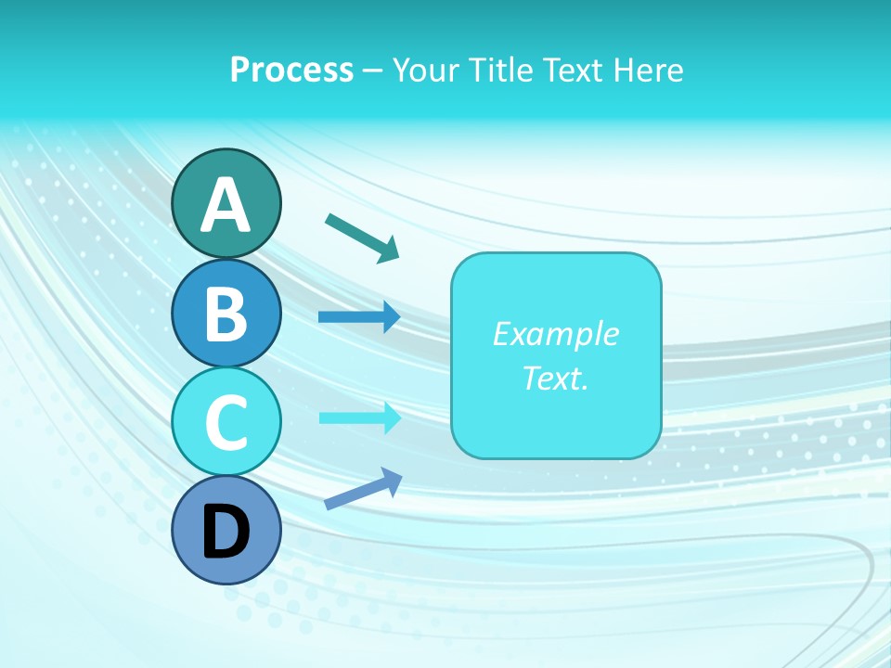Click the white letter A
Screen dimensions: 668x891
point(226,205)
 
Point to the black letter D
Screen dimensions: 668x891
point(226,532)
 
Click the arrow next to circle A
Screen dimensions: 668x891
point(362,237)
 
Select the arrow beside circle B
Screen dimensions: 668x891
point(359,317)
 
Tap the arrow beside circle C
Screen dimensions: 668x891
point(359,417)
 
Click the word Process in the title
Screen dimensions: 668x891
point(291,70)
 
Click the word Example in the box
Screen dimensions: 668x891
point(555,334)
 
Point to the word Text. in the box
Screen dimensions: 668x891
point(555,378)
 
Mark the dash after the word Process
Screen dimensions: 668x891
point(373,71)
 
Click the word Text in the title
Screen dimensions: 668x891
point(573,70)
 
